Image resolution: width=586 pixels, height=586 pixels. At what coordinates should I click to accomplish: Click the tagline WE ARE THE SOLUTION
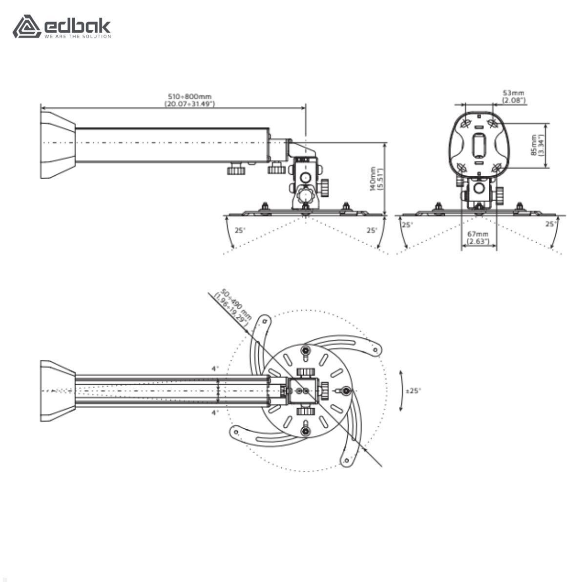[x=78, y=37]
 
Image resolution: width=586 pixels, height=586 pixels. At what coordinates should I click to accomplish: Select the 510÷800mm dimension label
[x=189, y=100]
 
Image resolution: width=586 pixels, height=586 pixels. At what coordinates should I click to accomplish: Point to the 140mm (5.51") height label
[x=377, y=179]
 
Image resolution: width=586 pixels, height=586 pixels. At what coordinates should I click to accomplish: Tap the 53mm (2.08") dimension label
[x=514, y=96]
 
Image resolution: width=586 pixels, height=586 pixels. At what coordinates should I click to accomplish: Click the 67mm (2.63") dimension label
[x=478, y=238]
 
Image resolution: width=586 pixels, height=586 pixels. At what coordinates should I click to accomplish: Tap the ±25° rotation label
[x=413, y=391]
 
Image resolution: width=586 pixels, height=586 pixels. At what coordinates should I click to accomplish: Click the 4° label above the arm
[x=215, y=369]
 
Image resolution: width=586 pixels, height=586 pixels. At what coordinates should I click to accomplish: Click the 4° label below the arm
[x=215, y=413]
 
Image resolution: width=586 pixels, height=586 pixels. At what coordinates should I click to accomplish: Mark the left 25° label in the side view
[x=240, y=230]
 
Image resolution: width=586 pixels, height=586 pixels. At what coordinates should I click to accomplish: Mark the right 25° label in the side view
[x=372, y=230]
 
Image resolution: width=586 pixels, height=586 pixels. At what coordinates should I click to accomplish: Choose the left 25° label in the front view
[x=407, y=225]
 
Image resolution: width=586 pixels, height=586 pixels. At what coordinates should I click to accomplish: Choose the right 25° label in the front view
[x=550, y=224]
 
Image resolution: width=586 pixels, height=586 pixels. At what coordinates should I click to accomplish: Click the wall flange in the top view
[x=57, y=391]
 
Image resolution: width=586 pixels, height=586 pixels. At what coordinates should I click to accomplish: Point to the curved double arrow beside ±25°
[x=401, y=391]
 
